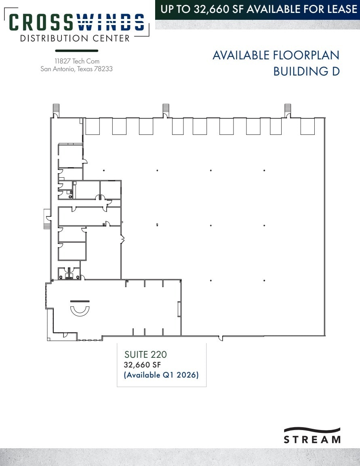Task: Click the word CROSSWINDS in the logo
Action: coord(77,22)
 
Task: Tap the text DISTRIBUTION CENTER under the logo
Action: coord(75,38)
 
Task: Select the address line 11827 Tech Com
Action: coord(77,61)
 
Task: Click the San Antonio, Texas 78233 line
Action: coord(77,69)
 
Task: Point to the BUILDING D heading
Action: coord(306,71)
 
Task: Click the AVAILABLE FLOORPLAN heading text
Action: coord(276,55)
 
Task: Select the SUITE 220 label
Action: coord(145,355)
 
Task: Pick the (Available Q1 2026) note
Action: coord(161,375)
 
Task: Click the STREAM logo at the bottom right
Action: coord(312,435)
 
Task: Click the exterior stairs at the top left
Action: coord(56,109)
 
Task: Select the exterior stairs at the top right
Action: coord(288,109)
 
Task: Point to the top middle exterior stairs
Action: coord(166,109)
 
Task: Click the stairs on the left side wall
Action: coord(46,219)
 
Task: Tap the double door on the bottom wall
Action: coord(221,338)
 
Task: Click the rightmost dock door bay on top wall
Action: coord(307,126)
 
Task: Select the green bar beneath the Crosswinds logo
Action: coord(76,51)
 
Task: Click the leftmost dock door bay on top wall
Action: coord(92,126)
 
